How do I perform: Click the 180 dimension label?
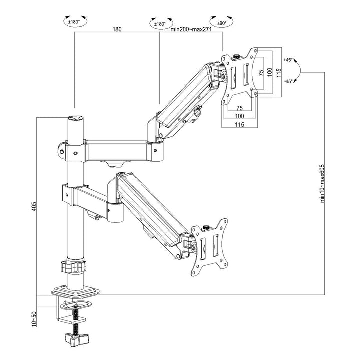[116, 29]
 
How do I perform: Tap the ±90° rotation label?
[222, 23]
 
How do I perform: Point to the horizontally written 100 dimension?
[239, 117]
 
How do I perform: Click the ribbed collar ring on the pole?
[74, 266]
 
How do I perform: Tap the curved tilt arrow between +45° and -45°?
[298, 71]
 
